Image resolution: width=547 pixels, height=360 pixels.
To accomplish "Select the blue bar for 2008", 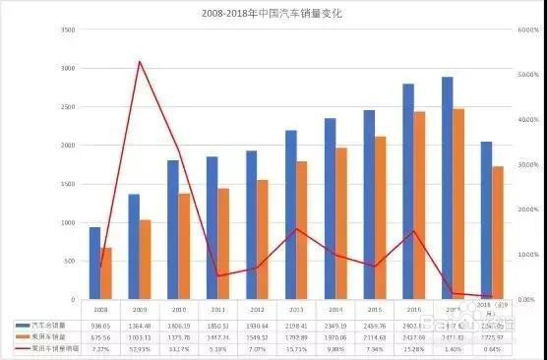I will (94, 263).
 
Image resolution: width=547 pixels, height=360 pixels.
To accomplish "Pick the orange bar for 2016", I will (419, 206).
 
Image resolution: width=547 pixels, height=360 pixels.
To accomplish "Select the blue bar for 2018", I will (487, 220).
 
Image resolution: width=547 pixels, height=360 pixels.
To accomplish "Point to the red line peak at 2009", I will (140, 62).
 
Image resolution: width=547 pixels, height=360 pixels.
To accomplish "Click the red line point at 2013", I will (297, 229).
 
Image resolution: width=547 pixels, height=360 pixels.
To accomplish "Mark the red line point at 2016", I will (414, 231).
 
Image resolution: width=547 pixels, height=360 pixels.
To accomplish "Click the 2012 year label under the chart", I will (257, 309).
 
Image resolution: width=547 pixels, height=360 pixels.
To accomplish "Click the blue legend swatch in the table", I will (25, 324).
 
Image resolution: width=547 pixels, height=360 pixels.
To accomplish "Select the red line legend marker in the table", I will (25, 347).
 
